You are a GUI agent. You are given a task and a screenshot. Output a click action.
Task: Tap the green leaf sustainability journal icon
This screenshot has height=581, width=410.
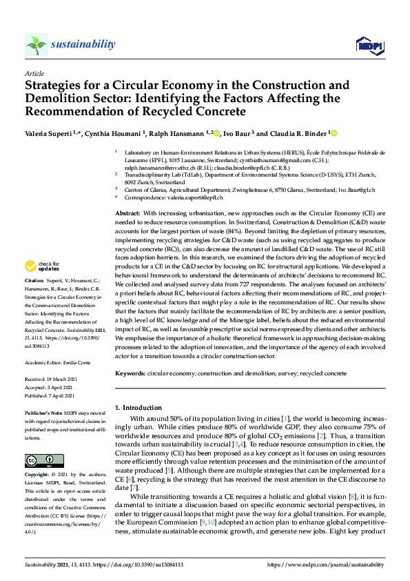(x=36, y=45)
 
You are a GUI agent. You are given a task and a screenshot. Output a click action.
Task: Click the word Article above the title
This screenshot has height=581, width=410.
(x=34, y=72)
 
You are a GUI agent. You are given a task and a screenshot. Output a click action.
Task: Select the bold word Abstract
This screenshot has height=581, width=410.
(x=127, y=195)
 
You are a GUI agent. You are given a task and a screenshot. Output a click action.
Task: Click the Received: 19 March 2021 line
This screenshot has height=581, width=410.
(x=52, y=379)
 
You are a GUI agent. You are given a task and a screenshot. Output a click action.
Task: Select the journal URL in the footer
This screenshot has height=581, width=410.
(x=329, y=565)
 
